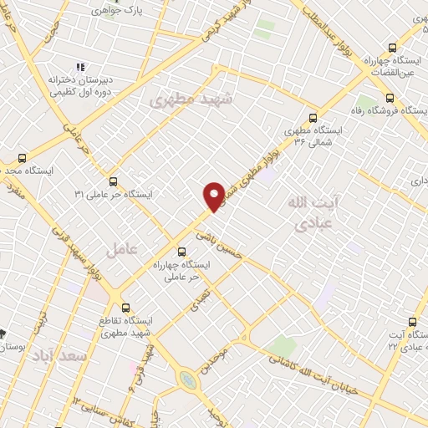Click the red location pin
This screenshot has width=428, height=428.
213,194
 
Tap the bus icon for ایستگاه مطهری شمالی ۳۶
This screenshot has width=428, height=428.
313,118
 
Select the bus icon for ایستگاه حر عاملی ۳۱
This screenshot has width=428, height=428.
113,180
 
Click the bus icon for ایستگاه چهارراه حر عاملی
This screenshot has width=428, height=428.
182,251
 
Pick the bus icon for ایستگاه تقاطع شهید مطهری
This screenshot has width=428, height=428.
125,308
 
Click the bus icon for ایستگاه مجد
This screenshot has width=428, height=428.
22,156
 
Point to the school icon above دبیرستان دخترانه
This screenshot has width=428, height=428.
80,67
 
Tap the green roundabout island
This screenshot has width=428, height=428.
188,380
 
